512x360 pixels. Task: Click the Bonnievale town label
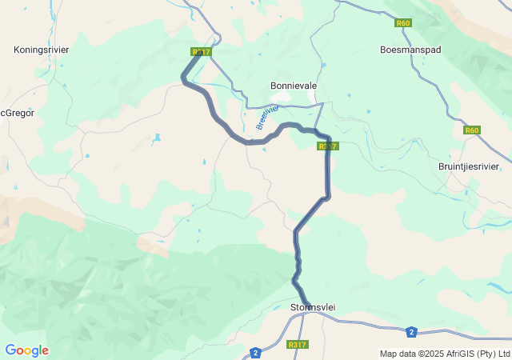tap(294, 86)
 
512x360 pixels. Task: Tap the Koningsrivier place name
tap(42, 50)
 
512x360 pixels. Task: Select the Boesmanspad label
tap(410, 50)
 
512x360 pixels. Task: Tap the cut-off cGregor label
tap(17, 114)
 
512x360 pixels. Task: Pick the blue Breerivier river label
tap(268, 117)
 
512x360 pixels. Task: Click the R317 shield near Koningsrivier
tap(201, 52)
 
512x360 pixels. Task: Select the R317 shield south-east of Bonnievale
tap(328, 146)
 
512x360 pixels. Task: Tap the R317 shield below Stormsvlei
tap(297, 345)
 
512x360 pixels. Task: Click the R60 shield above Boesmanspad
tap(403, 23)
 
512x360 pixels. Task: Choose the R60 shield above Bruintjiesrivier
tap(472, 130)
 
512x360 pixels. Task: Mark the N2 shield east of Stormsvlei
tap(411, 331)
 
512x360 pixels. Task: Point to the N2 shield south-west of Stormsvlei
tap(255, 352)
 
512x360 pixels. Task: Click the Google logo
tap(26, 350)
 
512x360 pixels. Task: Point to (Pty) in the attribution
tap(490, 354)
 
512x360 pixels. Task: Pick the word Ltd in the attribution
tap(504, 354)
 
